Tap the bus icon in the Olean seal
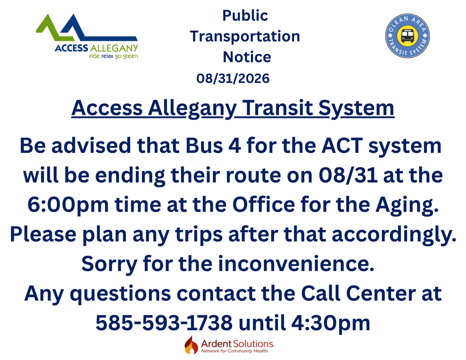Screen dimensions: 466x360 click(407, 36)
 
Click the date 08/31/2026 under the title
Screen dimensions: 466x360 click(233, 78)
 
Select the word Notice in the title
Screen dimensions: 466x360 click(247, 57)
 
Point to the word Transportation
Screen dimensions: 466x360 click(245, 36)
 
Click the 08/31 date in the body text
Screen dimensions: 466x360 click(348, 175)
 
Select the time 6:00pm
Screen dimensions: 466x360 click(68, 205)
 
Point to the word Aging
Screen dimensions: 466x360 click(407, 205)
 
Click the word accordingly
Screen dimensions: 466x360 click(394, 234)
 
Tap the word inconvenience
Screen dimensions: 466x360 click(296, 264)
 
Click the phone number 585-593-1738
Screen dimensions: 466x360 click(164, 323)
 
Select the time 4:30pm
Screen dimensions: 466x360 click(331, 323)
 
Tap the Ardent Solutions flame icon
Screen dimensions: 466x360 click(191, 345)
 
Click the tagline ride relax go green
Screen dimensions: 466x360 click(113, 56)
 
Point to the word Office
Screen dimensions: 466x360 click(264, 205)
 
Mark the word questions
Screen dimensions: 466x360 click(120, 294)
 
